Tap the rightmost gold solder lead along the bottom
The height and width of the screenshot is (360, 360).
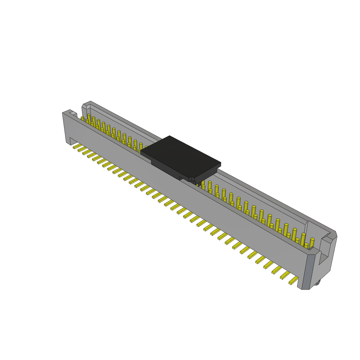[x=294, y=281]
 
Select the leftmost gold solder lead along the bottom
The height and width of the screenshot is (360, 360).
[x=77, y=146]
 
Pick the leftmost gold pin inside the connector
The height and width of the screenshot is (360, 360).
[x=83, y=118]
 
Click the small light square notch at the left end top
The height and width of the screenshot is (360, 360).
[x=73, y=113]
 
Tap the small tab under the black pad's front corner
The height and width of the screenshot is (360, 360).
[x=193, y=180]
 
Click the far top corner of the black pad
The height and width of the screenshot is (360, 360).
[x=169, y=136]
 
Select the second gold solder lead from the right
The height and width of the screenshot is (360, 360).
[x=285, y=275]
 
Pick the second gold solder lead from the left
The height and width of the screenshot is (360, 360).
[x=82, y=149]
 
